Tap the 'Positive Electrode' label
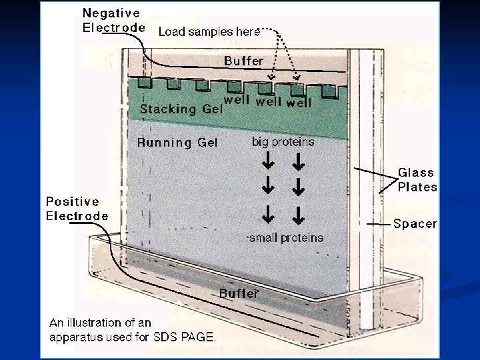77,208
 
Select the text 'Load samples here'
205,31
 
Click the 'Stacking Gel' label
177,109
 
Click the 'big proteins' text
283,141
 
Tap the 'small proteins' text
285,237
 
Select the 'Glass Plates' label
417,179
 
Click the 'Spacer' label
415,224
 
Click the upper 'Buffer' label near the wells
243,61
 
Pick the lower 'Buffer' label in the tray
239,292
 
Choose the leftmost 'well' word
237,101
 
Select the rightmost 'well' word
298,103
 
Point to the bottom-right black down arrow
299,215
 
